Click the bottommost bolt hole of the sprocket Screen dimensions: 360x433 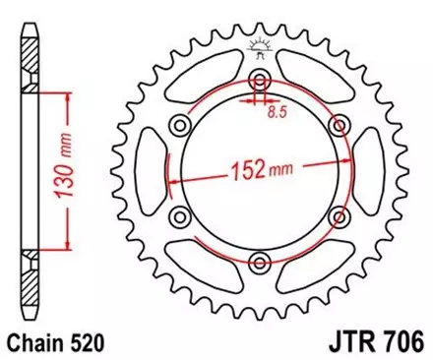[260, 260]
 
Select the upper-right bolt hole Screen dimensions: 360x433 [340, 125]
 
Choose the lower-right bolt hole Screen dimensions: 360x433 [340, 215]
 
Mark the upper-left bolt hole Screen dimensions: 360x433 [181, 125]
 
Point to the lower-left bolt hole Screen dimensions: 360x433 [181, 215]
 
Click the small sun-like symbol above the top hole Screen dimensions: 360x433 [260, 45]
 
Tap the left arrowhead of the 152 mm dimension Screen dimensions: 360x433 [173, 182]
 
